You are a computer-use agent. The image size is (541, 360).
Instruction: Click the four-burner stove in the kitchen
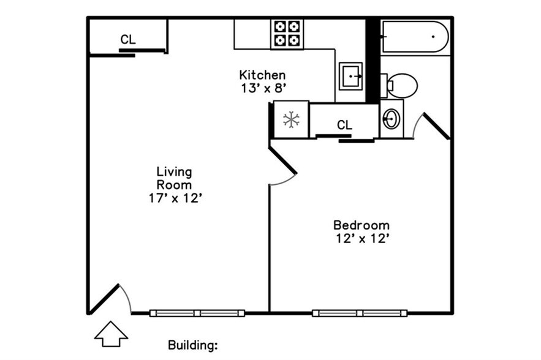[x=287, y=34]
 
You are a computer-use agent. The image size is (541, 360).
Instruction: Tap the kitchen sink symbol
[x=350, y=76]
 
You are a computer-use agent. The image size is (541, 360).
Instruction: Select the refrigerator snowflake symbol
[x=291, y=119]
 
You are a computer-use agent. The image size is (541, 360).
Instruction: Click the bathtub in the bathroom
[x=415, y=37]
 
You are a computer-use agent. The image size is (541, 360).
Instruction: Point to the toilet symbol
[x=401, y=86]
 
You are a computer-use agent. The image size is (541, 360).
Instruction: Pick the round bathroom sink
[x=390, y=118]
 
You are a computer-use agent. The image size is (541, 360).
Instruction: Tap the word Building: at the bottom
[x=193, y=345]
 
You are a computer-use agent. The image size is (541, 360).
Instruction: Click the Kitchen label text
[x=262, y=75]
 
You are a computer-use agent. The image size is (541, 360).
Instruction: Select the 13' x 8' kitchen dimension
[x=263, y=88]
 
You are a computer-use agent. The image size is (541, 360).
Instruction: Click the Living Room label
[x=174, y=178]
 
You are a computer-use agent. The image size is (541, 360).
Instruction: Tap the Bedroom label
[x=361, y=225]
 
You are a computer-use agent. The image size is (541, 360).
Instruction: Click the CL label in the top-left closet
[x=128, y=40]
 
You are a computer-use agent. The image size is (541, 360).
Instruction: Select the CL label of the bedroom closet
[x=344, y=125]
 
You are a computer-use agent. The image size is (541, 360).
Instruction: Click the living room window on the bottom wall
[x=197, y=313]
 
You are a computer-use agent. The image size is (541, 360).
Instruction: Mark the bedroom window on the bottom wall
[x=360, y=313]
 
